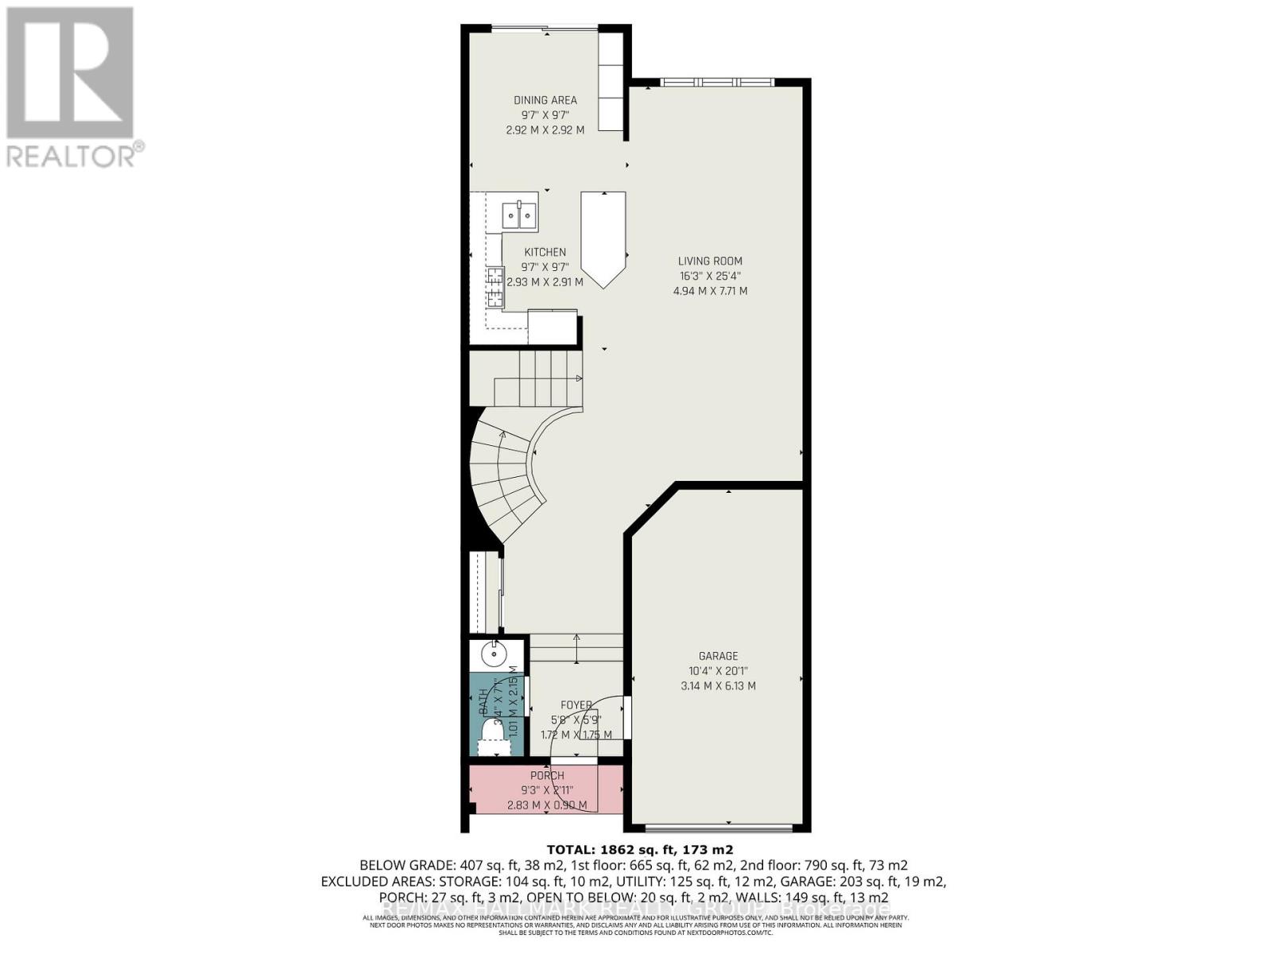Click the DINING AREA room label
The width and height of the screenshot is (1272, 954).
click(x=545, y=100)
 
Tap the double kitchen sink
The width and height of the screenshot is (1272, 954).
click(x=518, y=215)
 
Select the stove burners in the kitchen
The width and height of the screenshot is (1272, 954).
click(x=495, y=287)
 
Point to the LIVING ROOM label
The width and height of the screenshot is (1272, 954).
click(x=710, y=261)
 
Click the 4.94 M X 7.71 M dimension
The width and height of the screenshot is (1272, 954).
click(x=710, y=291)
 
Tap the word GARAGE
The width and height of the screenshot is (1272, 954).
click(x=718, y=656)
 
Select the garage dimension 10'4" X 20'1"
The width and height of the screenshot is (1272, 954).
click(x=718, y=670)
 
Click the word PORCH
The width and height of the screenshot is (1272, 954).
click(x=547, y=775)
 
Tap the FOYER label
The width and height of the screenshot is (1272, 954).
click(x=576, y=705)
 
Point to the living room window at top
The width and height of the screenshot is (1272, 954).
click(x=717, y=81)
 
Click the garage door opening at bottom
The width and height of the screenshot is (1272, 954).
click(x=718, y=828)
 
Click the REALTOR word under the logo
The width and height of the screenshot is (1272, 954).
click(x=72, y=155)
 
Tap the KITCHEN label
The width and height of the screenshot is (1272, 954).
click(x=545, y=252)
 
